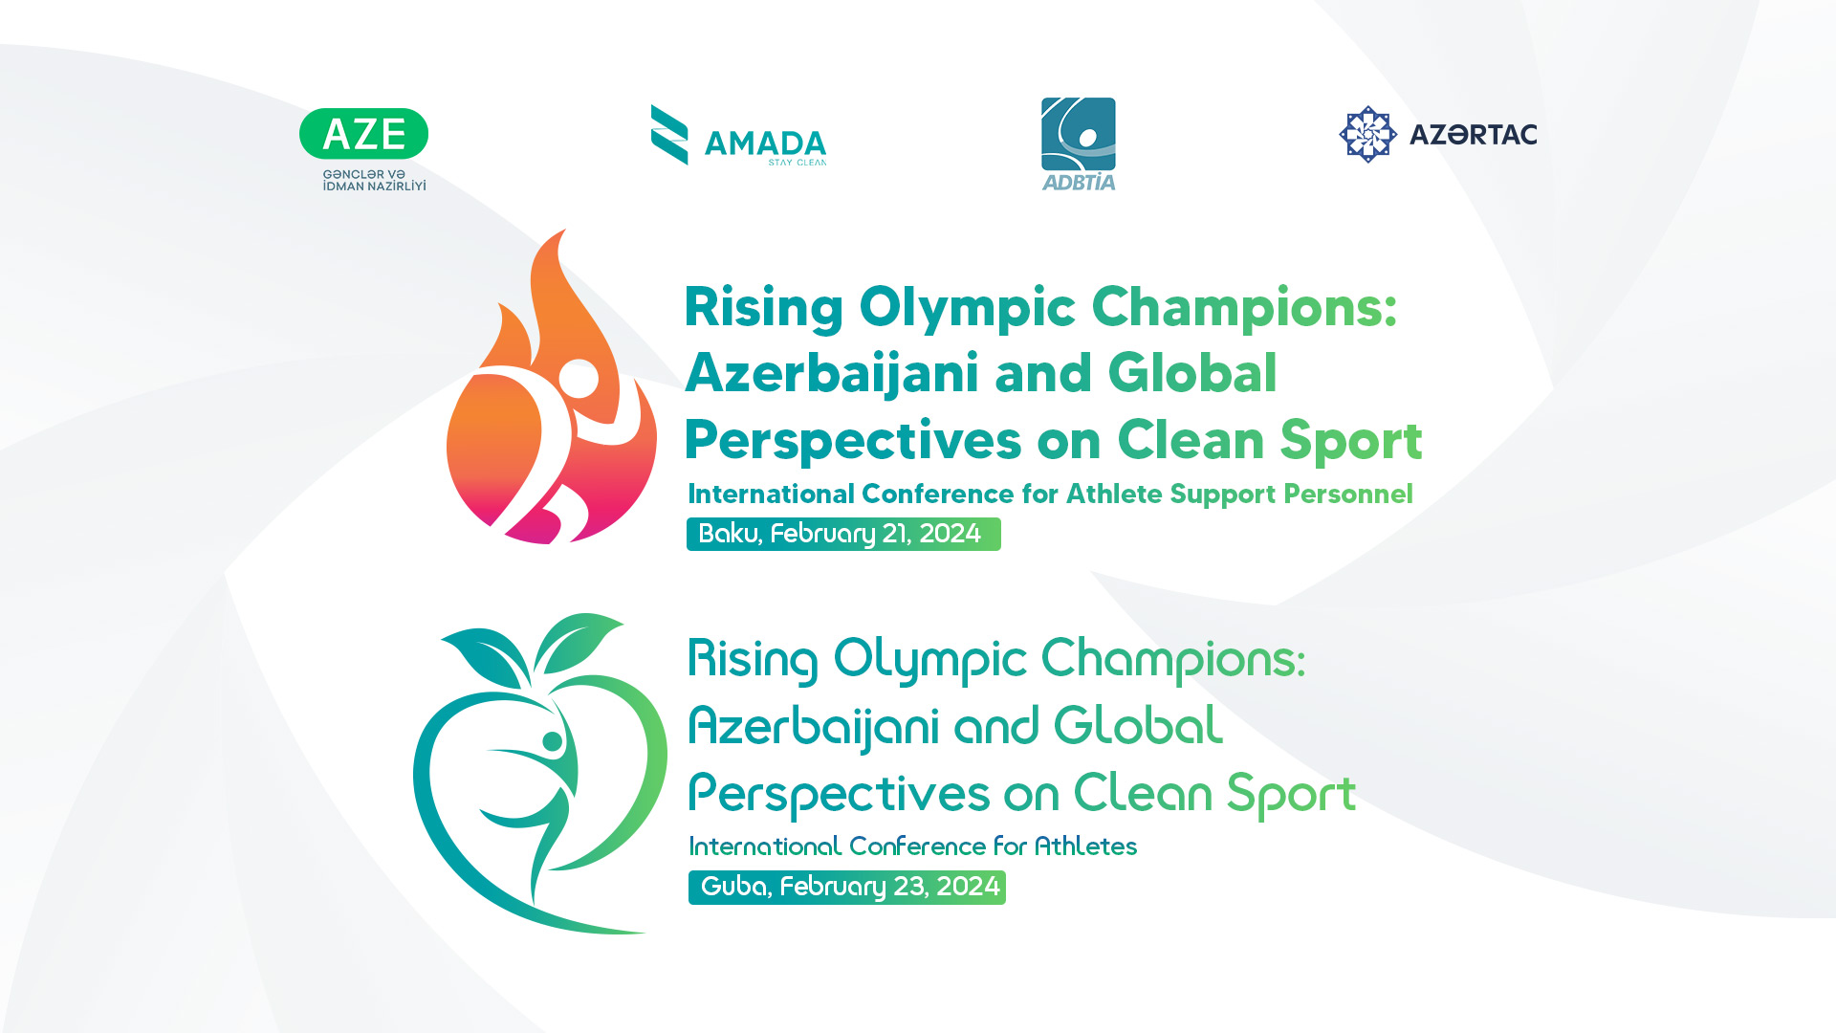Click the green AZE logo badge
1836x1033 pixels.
tap(363, 134)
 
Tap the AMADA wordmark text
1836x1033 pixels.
tap(765, 143)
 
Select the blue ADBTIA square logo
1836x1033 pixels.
tap(1079, 143)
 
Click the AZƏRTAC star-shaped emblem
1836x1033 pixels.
tap(1368, 134)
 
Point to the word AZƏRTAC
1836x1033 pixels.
tap(1473, 135)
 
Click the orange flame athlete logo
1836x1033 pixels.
tap(552, 387)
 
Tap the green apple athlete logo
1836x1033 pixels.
tap(540, 774)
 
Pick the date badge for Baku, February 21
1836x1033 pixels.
tap(843, 534)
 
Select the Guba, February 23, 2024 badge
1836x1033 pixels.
tap(847, 887)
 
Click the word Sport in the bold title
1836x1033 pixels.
tap(1351, 441)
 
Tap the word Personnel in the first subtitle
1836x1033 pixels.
tap(1348, 494)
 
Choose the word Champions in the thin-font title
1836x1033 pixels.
tap(1172, 660)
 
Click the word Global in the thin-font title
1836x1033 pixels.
tap(1138, 725)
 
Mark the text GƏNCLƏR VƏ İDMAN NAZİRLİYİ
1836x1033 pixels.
tap(374, 180)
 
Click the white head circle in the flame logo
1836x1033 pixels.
tap(579, 378)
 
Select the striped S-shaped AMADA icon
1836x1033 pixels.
tap(669, 135)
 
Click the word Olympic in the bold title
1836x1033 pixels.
tap(968, 309)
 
